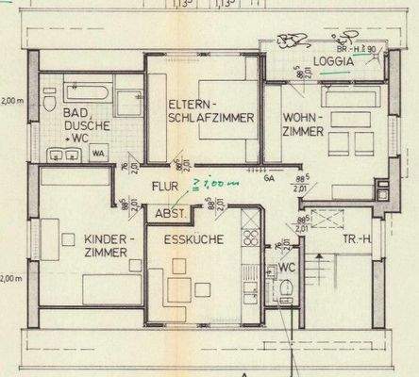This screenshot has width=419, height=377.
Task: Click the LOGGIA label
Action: pos(335,61)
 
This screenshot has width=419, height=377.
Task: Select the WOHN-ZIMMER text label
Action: pos(303,131)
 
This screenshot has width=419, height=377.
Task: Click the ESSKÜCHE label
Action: pos(193,240)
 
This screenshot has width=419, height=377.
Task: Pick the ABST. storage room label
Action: pos(170,216)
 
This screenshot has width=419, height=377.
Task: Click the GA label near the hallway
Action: pos(269,176)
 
